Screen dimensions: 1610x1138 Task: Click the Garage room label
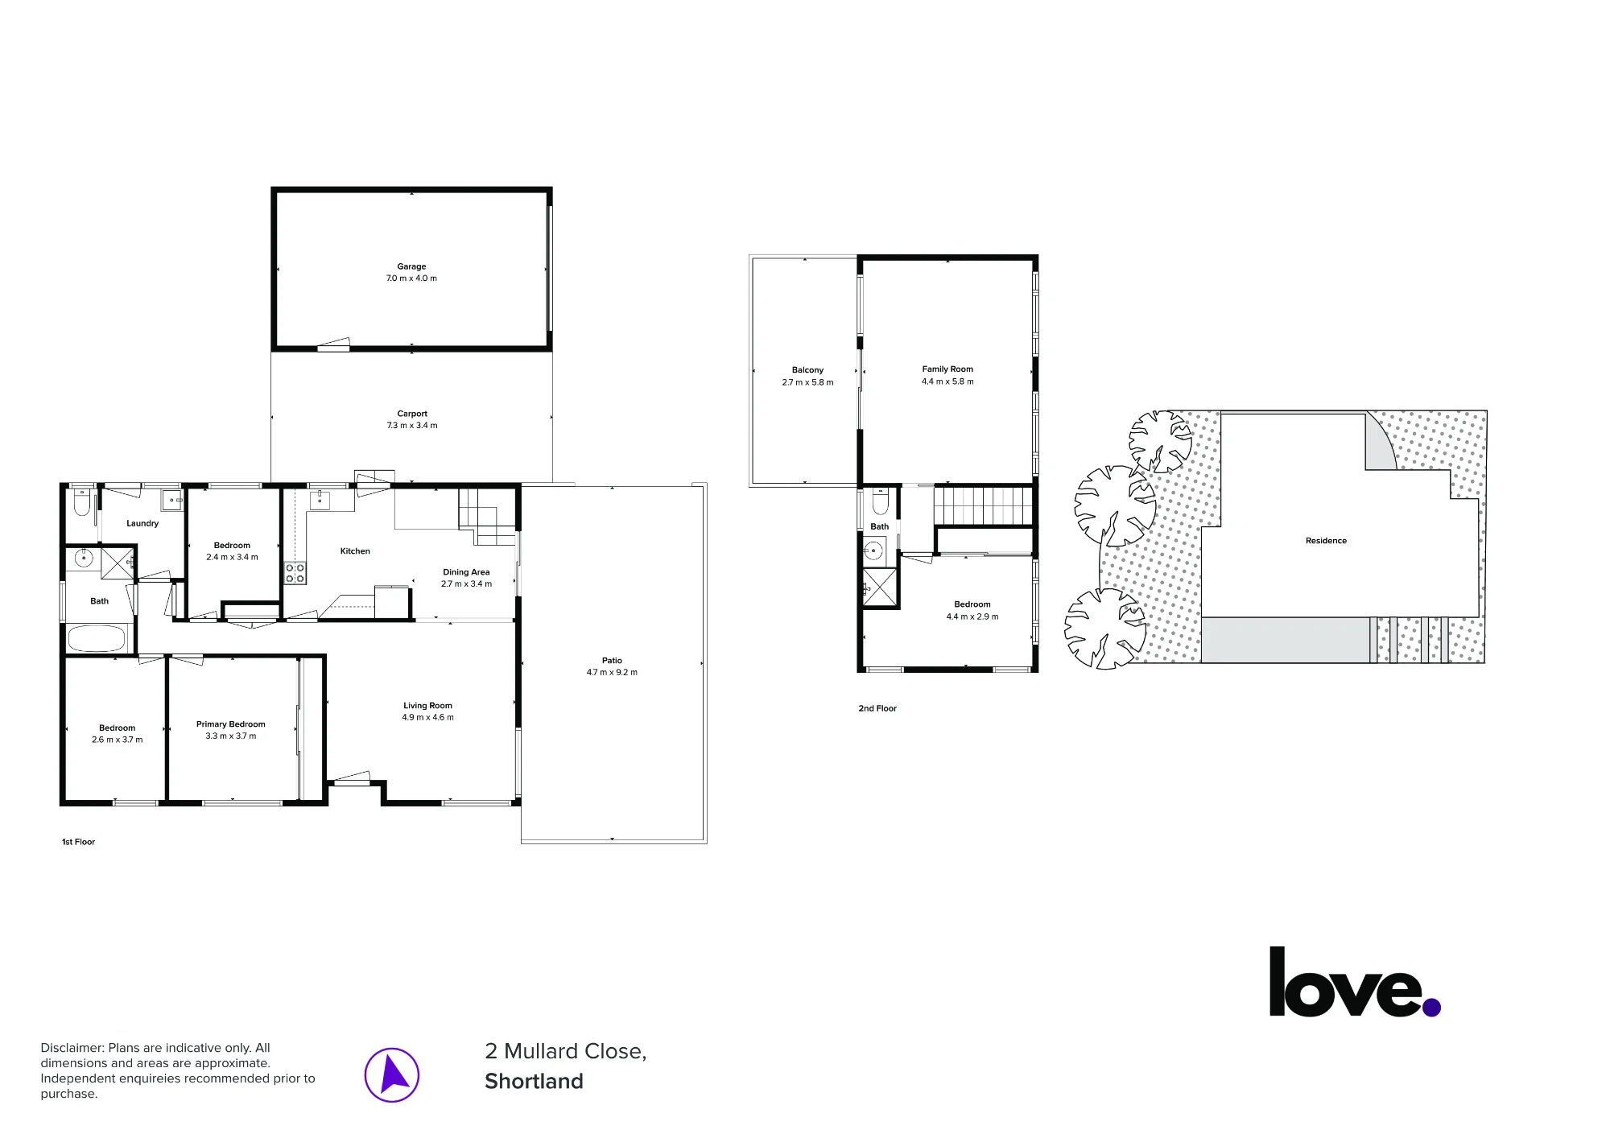(411, 266)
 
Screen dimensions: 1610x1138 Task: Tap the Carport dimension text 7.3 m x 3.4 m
(412, 426)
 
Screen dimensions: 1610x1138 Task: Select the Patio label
(612, 661)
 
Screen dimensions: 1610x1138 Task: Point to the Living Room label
(427, 706)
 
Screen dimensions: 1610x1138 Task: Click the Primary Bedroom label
(231, 724)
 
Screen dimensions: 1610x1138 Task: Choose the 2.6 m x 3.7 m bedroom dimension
(118, 740)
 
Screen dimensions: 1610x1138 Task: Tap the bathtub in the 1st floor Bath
(97, 639)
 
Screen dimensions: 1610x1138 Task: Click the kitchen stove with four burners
(295, 573)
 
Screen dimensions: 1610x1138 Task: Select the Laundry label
(142, 524)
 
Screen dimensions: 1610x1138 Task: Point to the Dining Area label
(466, 572)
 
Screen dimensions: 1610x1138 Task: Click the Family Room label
(947, 369)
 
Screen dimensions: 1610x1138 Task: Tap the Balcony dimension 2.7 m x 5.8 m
(807, 382)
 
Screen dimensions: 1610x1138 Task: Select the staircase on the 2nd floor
(983, 505)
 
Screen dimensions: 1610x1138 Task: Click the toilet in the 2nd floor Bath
(880, 501)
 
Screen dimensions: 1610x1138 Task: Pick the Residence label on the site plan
(1326, 541)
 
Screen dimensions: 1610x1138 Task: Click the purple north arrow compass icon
(392, 1075)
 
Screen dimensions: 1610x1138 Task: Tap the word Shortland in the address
(534, 1081)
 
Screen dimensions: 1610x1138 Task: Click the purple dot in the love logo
(1431, 1007)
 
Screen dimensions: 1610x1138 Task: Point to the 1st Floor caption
(79, 842)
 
